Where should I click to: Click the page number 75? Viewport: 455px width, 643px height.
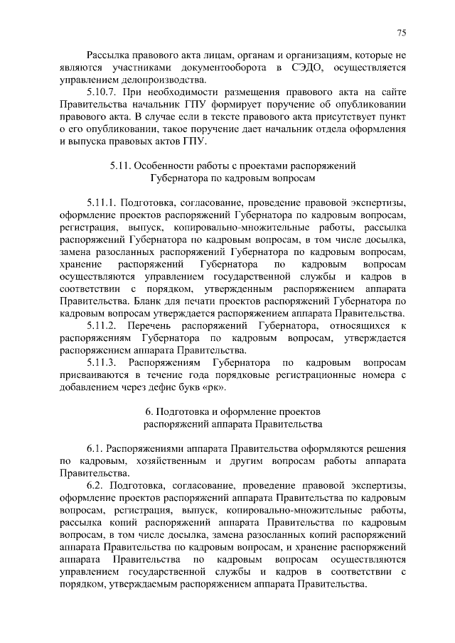401,33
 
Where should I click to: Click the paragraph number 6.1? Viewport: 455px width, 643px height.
96,449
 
